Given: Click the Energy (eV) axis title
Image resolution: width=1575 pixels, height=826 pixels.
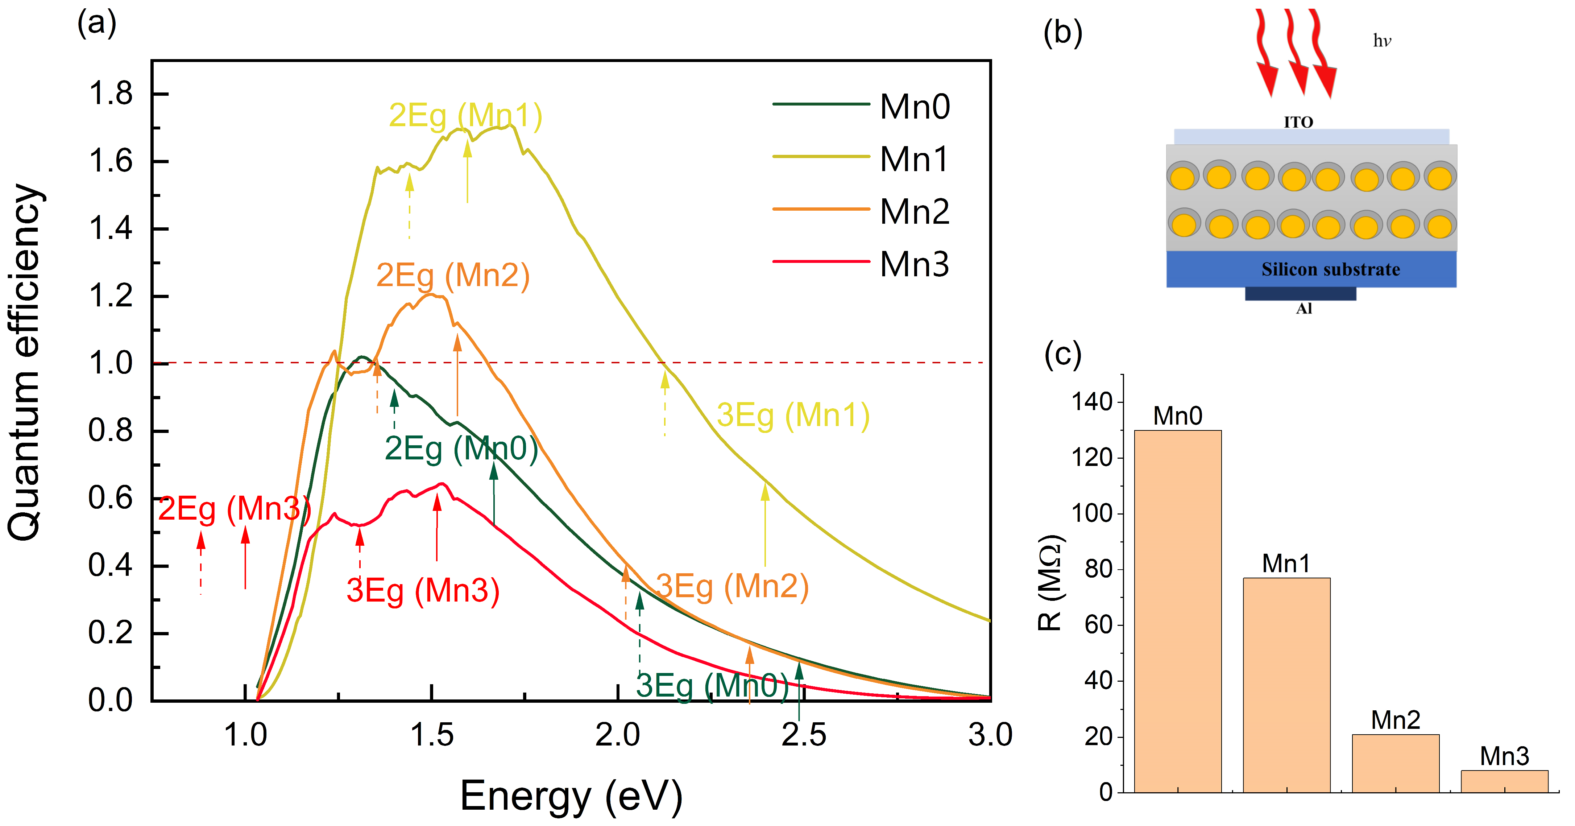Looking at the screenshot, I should pos(571,796).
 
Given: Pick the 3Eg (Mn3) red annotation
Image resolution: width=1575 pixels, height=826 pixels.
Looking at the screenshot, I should pos(423,591).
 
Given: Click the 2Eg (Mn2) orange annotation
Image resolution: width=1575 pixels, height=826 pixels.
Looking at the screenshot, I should pos(452,275).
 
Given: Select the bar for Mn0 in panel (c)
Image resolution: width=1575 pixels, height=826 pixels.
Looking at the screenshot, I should pos(1178,611).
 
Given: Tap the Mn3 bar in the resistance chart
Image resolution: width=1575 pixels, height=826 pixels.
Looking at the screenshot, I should pos(1504,781).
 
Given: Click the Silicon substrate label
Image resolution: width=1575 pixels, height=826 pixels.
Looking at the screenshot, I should pos(1330,270).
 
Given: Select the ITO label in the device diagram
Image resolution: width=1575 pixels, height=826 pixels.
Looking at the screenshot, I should pos(1298,122).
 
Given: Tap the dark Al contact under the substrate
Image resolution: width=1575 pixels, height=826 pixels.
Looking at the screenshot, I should pos(1301,294).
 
